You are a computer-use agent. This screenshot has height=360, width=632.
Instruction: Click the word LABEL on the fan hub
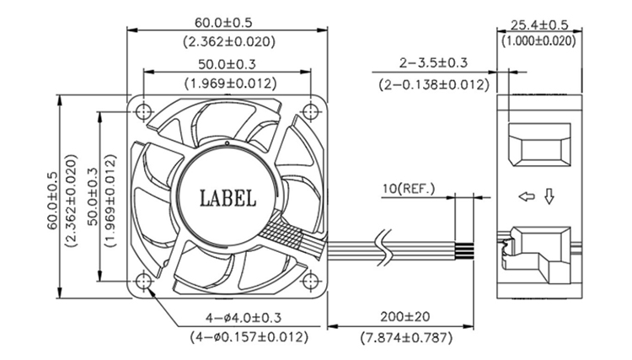228,198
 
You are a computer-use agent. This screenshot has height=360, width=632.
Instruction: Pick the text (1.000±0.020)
538,40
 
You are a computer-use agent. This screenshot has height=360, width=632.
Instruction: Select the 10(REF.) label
409,189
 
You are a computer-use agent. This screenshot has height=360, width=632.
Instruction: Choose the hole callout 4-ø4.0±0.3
244,318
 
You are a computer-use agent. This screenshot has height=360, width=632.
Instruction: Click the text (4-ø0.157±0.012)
244,336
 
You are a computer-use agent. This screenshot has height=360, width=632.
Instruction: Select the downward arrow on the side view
549,198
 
